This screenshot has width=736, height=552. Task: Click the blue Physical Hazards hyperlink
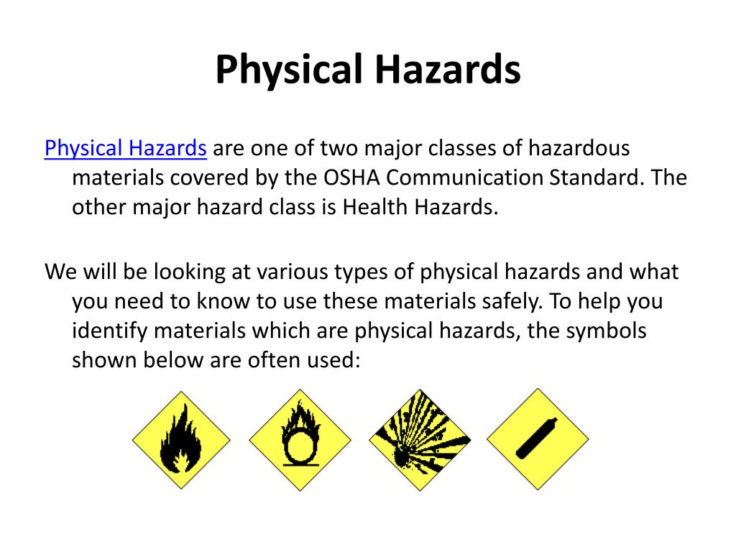126,149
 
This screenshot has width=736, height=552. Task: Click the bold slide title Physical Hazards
368,70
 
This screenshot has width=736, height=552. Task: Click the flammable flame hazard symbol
181,440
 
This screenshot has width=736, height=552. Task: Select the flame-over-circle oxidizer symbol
300,440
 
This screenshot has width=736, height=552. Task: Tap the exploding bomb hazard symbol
419,440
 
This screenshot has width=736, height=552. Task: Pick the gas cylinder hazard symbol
537,440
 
